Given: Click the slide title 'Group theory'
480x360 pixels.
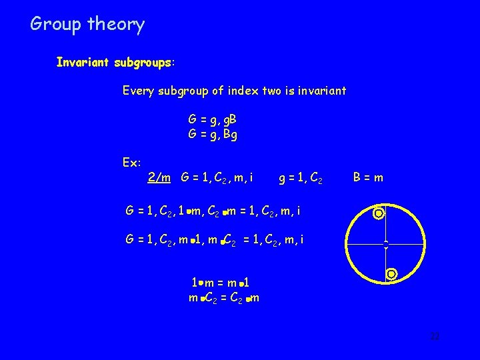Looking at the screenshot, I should [x=87, y=25].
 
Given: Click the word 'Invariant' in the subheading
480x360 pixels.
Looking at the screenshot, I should [x=83, y=63].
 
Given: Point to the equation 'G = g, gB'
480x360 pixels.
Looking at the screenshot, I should [x=213, y=120].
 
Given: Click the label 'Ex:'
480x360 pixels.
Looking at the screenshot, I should [x=132, y=163].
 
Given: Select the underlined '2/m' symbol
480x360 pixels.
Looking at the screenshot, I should [x=159, y=177].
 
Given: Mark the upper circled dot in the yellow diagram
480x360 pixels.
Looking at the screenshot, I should [x=379, y=214].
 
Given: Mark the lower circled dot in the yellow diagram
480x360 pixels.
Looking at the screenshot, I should [x=391, y=273].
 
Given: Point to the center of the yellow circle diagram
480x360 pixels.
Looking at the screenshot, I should [x=385, y=244].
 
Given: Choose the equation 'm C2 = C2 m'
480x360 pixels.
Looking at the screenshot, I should [x=224, y=298].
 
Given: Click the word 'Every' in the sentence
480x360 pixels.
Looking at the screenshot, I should [x=138, y=90].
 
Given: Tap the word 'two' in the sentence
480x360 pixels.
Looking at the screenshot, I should [x=273, y=90].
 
